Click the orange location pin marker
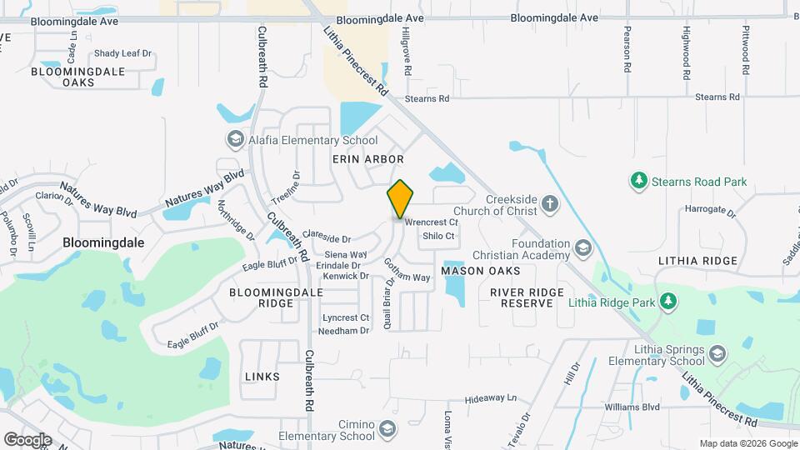coord(400,199)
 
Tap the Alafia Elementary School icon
coord(235,140)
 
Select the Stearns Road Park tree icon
coord(638,181)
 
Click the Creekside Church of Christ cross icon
coord(549,202)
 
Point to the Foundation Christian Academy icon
coord(582,247)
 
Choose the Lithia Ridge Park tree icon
coord(667,301)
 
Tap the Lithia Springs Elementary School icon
coord(717,355)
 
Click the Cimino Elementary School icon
coord(387,429)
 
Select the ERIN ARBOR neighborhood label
coord(367,159)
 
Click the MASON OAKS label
coord(480,272)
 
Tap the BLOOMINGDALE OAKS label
coord(77,77)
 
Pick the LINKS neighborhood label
coord(262,377)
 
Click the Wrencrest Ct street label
coord(431,222)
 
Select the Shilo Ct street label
coord(438,236)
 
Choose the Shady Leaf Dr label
coord(123,53)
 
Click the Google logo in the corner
coord(27,439)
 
